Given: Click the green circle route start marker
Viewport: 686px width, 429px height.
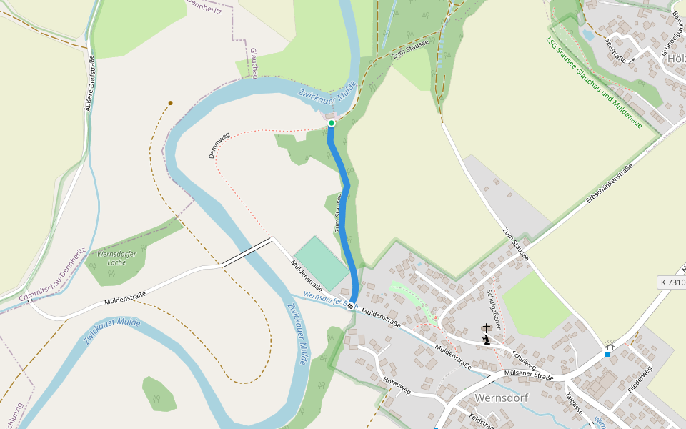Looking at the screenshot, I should (332, 123).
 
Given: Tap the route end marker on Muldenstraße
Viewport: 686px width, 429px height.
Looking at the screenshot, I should (351, 306).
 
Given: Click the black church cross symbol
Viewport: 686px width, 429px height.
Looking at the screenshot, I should (487, 328).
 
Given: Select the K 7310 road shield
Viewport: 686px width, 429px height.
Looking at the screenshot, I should (672, 282).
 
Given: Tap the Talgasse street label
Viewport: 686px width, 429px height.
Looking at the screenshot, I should (574, 403).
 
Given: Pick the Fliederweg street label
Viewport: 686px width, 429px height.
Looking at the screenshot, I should (640, 378).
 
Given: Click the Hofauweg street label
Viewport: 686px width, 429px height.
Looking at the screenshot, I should (397, 386).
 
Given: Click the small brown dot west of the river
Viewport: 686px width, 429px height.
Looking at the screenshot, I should (170, 103).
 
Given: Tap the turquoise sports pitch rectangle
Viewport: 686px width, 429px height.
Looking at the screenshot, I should (322, 262).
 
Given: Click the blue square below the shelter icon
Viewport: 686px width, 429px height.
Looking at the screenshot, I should (607, 355).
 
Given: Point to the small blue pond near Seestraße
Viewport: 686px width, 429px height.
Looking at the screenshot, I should (588, 34).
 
